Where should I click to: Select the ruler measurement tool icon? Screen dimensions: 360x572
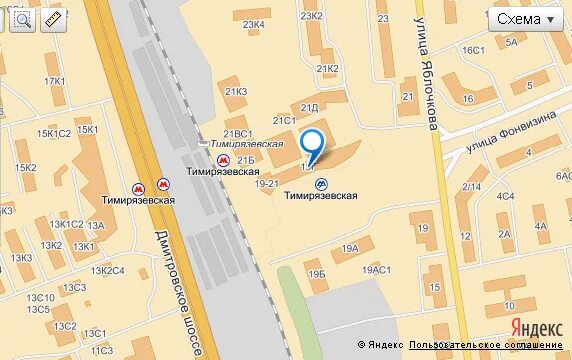(52, 19)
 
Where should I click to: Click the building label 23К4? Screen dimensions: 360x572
(254, 24)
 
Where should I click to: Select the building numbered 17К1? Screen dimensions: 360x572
(55, 81)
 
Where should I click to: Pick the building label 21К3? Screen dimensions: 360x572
(236, 92)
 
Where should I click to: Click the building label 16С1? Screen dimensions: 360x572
(473, 50)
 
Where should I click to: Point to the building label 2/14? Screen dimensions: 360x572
(472, 186)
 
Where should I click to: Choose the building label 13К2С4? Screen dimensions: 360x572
(107, 270)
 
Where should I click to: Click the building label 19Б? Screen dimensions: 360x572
(317, 273)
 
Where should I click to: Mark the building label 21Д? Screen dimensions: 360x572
(310, 107)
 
